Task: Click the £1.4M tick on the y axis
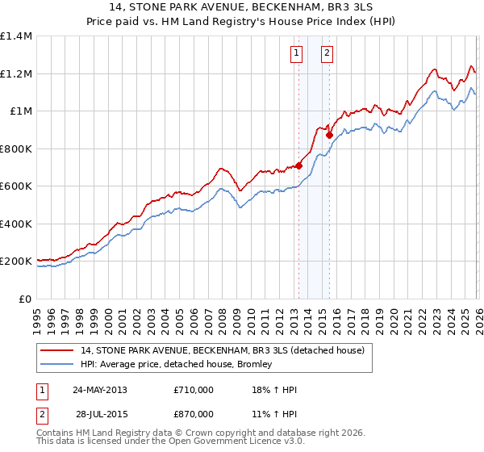tap(15, 36)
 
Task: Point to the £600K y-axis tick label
tap(15, 186)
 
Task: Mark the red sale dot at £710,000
tap(298, 166)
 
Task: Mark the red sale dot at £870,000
tap(329, 136)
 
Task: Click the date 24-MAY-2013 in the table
tap(100, 390)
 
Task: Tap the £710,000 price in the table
tap(194, 390)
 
